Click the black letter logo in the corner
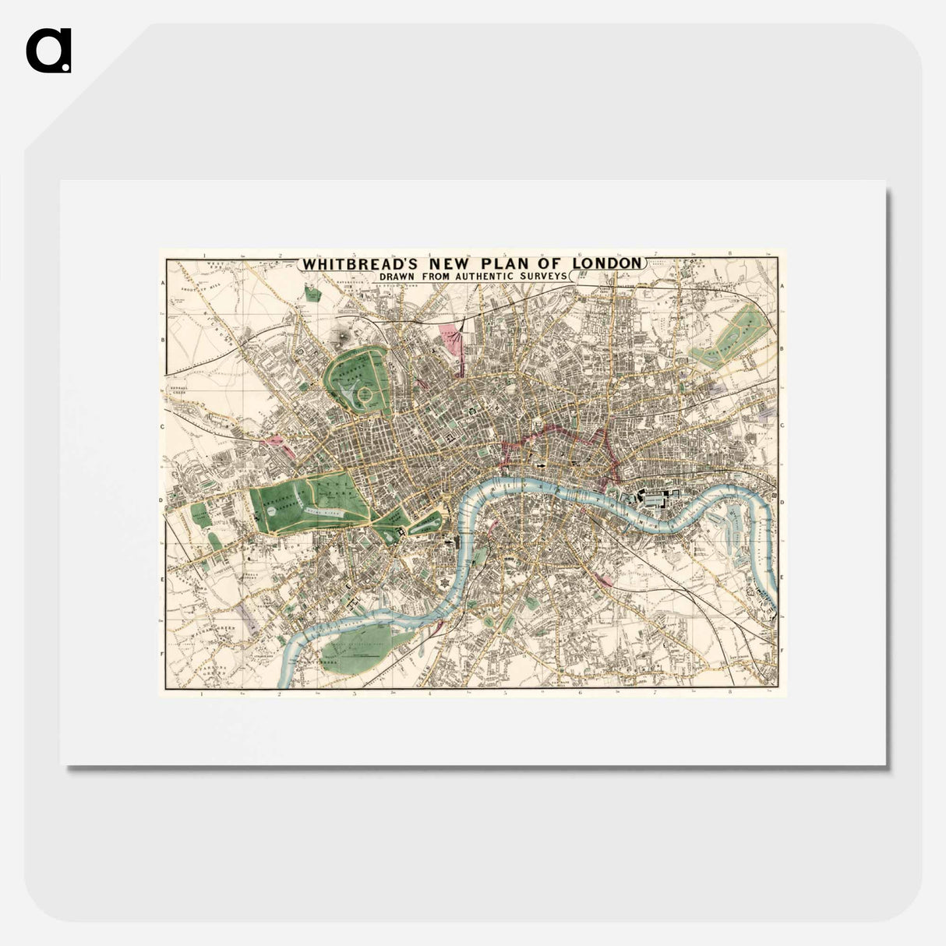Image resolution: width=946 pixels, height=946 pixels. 48,51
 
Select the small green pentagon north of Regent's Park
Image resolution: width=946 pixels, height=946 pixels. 313,294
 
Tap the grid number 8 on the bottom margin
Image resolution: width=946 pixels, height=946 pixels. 730,692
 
